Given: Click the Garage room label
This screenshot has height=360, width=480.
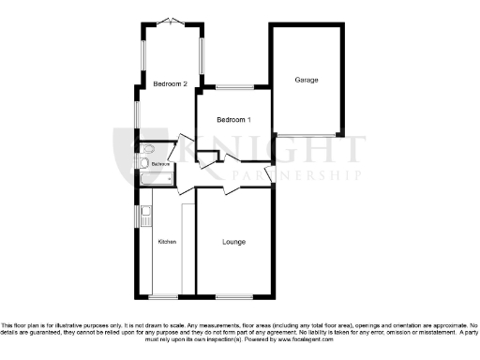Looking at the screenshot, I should pyautogui.click(x=306, y=80).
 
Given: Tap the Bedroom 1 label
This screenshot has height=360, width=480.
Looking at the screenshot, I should pyautogui.click(x=233, y=120).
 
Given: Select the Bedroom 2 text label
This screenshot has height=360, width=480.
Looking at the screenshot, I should pyautogui.click(x=171, y=84).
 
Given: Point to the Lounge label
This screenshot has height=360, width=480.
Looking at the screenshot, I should pyautogui.click(x=234, y=242).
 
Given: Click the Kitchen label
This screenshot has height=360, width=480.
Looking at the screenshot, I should pyautogui.click(x=167, y=242).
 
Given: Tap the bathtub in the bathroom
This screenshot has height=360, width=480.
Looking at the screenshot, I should pyautogui.click(x=156, y=178).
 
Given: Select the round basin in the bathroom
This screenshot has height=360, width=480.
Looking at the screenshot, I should pyautogui.click(x=142, y=164).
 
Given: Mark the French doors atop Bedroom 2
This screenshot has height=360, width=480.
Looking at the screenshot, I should pyautogui.click(x=171, y=22).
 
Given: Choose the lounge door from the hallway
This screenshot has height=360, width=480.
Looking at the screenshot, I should pyautogui.click(x=232, y=188).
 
